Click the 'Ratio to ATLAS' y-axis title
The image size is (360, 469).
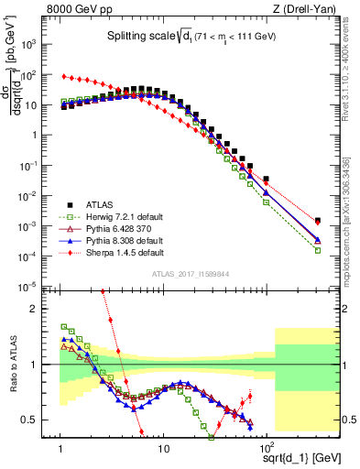[x=12, y=364]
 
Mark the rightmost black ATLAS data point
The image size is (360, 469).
[x=316, y=221]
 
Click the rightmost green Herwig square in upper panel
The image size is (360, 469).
[x=317, y=250]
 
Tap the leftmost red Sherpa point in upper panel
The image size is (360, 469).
[x=61, y=76]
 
